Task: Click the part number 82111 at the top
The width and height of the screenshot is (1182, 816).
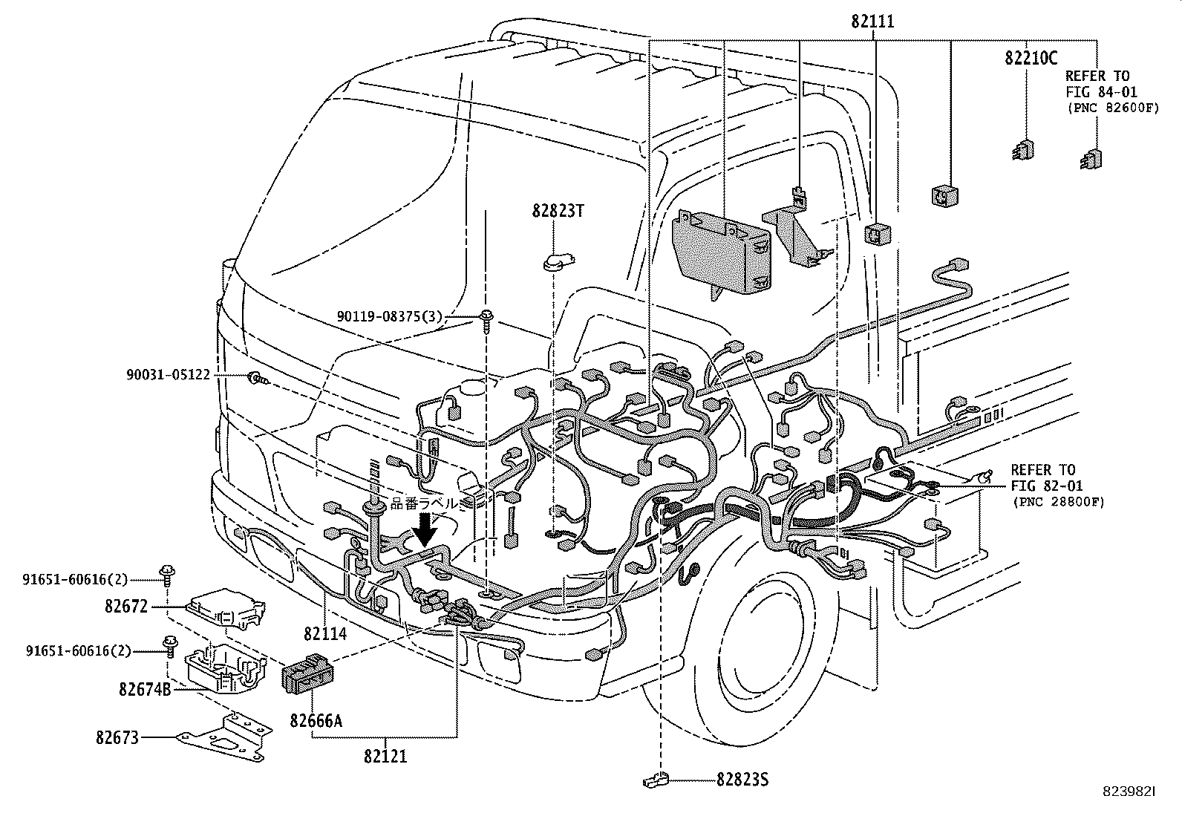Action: pyautogui.click(x=872, y=22)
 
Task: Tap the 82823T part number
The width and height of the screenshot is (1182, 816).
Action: pyautogui.click(x=558, y=211)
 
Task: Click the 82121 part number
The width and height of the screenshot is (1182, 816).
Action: pyautogui.click(x=385, y=757)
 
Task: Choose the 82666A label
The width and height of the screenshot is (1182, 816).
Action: pyautogui.click(x=316, y=720)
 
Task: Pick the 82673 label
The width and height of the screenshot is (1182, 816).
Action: pyautogui.click(x=117, y=738)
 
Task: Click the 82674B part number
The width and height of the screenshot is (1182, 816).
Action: pyautogui.click(x=144, y=690)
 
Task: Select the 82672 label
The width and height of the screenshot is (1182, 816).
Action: pyautogui.click(x=127, y=607)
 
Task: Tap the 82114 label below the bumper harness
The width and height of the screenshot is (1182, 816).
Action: pyautogui.click(x=324, y=633)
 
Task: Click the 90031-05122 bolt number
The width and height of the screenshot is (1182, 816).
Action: pyautogui.click(x=168, y=376)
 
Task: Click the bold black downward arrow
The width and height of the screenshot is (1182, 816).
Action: pyautogui.click(x=426, y=529)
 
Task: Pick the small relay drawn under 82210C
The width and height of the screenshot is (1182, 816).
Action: pyautogui.click(x=1025, y=150)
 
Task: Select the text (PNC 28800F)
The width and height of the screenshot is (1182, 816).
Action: pyautogui.click(x=1057, y=502)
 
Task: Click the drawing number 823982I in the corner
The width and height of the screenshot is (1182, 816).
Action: pyautogui.click(x=1129, y=792)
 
